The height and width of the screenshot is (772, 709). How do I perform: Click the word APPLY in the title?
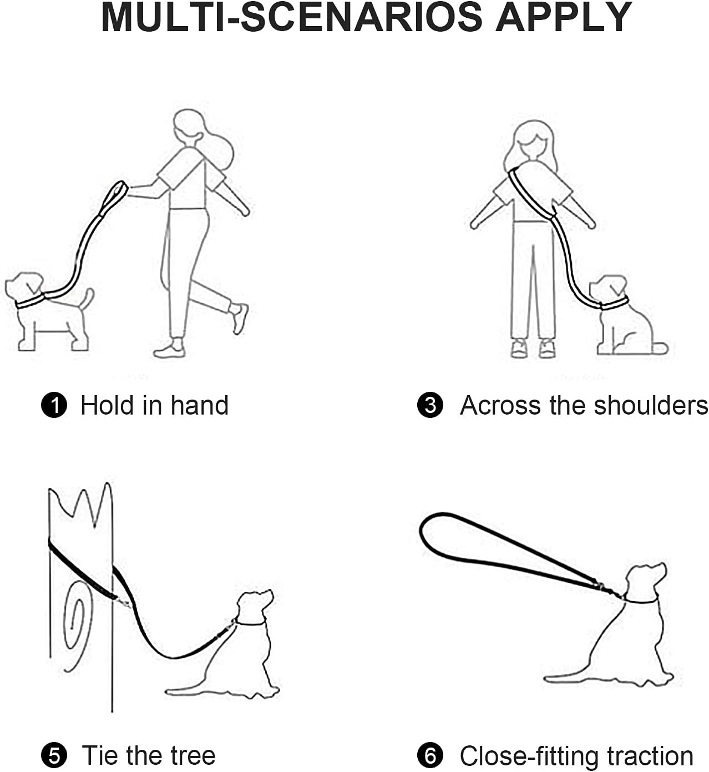[564, 18]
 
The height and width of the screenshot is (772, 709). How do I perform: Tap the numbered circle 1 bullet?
[54, 405]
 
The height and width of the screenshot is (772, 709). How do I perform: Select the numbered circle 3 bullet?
[430, 405]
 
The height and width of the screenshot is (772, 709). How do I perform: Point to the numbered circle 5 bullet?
[54, 755]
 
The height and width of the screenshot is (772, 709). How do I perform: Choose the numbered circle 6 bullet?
[430, 755]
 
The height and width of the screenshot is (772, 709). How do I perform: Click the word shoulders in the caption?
[651, 405]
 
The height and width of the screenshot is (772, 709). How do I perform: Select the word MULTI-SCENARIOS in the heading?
[291, 18]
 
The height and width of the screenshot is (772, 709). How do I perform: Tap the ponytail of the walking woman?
[221, 148]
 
